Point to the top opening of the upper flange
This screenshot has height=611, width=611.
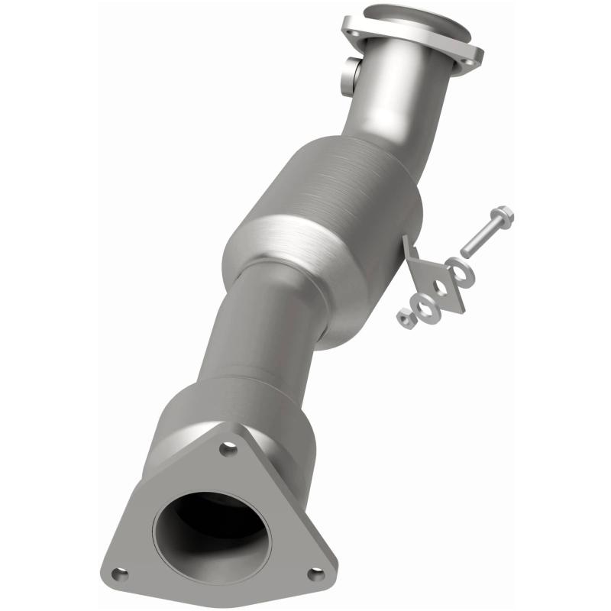(x=416, y=19)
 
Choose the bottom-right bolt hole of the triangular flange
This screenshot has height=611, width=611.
(x=314, y=573)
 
